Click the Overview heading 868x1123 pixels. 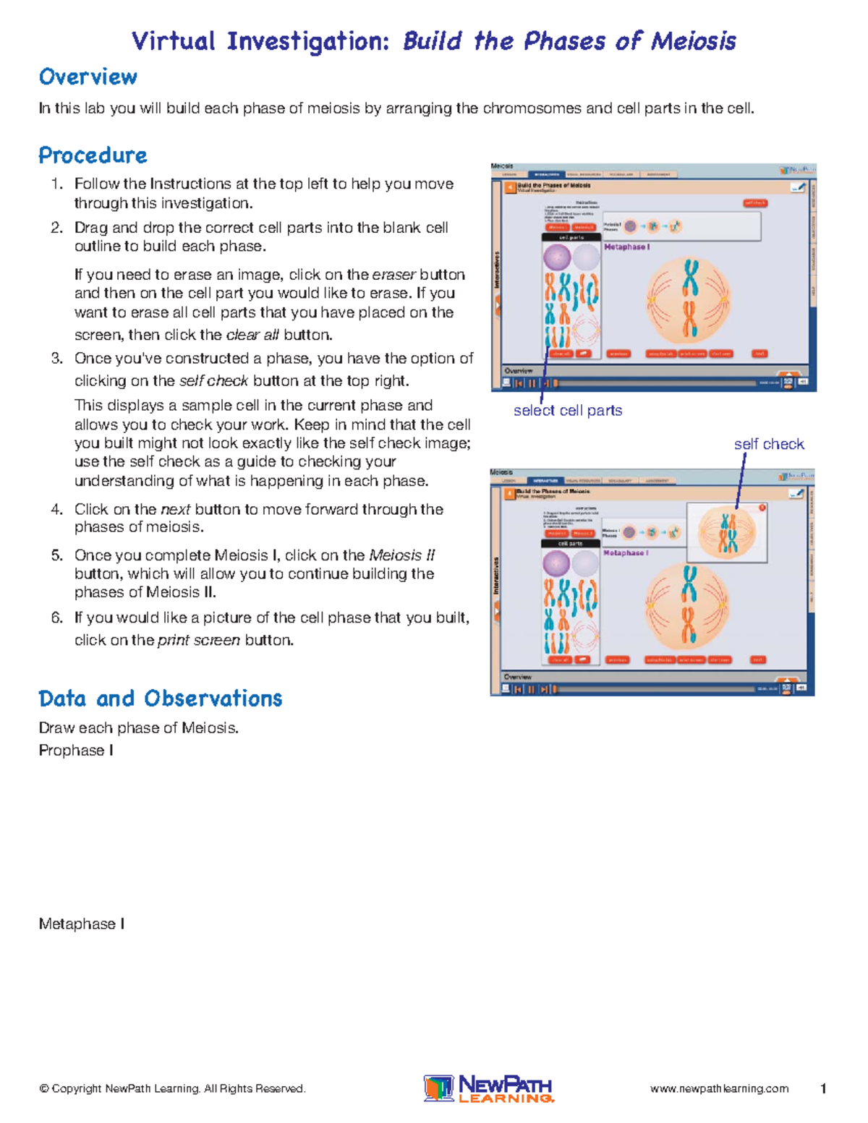point(88,77)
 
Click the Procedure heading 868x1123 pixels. point(93,155)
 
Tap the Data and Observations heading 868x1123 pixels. point(160,699)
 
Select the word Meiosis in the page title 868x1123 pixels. point(693,41)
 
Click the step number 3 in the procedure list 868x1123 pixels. point(57,359)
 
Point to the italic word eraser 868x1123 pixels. point(393,275)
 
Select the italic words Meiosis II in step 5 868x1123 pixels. point(401,555)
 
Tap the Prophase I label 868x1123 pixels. point(76,751)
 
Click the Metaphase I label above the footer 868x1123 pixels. point(82,924)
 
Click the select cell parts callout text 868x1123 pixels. point(568,411)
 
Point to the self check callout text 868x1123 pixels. point(769,444)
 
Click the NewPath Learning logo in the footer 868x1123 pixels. point(488,1088)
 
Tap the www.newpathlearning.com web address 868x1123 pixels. point(719,1089)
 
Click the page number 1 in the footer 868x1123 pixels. point(823,1089)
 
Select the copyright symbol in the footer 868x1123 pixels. point(44,1089)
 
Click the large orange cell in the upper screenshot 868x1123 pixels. point(689,301)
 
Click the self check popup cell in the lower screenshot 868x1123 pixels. point(727,533)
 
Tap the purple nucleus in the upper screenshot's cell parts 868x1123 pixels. point(557,257)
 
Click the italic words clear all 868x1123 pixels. point(252,336)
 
